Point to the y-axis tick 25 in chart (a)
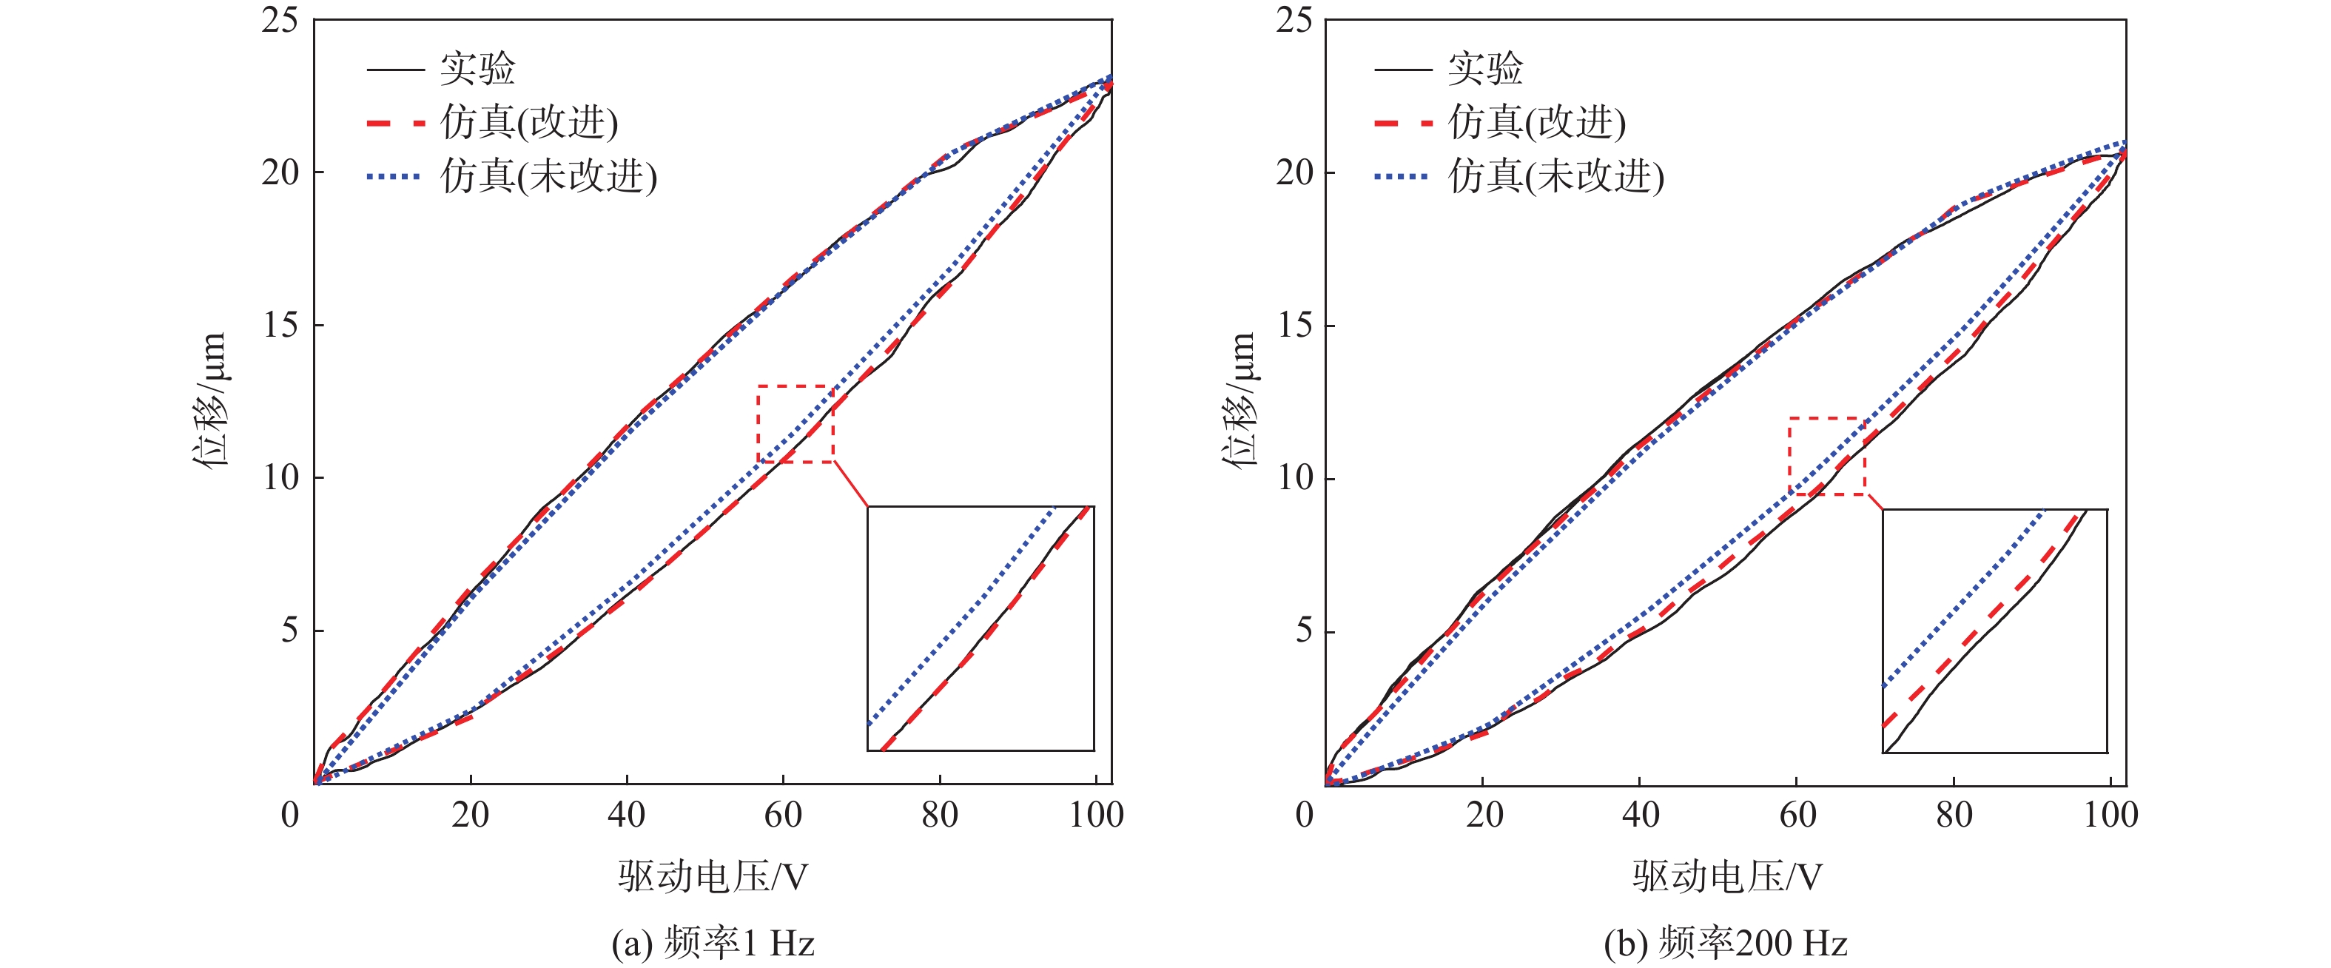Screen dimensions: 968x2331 pyautogui.click(x=280, y=19)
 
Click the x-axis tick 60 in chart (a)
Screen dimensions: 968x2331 pyautogui.click(x=783, y=815)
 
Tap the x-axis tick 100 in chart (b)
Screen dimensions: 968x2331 pyautogui.click(x=2110, y=815)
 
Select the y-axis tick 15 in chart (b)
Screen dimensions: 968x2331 pyautogui.click(x=1295, y=326)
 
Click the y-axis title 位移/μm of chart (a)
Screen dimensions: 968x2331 pyautogui.click(x=210, y=399)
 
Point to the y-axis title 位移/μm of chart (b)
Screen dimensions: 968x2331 pyautogui.click(x=1240, y=399)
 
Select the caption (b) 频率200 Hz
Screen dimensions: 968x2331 pyautogui.click(x=1726, y=944)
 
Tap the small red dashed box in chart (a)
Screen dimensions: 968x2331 pyautogui.click(x=795, y=424)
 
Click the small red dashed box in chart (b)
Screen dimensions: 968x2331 pyautogui.click(x=1827, y=456)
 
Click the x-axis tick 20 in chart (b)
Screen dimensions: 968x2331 pyautogui.click(x=1484, y=815)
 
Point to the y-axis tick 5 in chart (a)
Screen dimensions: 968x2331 pyautogui.click(x=289, y=630)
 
